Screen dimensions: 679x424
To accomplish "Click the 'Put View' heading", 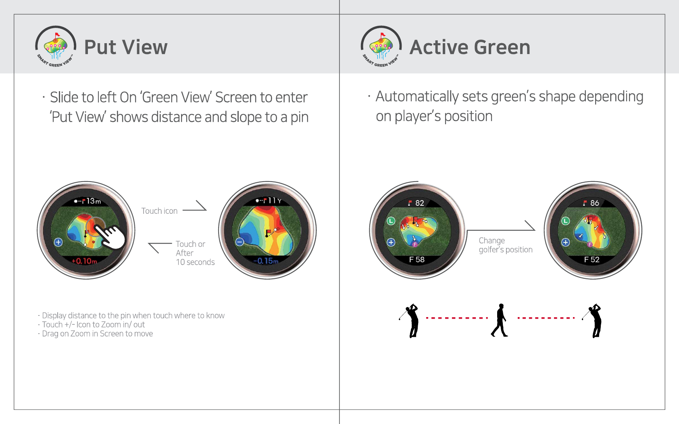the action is (125, 47).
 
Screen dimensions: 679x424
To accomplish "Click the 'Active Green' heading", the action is (470, 47).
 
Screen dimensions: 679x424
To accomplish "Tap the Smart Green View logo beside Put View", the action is (56, 46).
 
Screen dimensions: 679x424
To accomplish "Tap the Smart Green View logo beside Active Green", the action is (381, 46).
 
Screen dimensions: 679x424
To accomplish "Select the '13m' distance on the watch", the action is (94, 201).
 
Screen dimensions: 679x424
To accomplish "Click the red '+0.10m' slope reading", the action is (84, 261).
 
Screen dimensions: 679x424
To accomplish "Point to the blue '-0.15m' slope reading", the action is (266, 261).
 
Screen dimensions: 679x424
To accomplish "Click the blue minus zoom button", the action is (240, 242).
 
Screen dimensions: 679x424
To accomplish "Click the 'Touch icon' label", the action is (159, 211).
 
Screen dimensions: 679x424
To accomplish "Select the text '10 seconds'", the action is (195, 262).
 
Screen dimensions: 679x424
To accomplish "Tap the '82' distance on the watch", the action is (419, 203).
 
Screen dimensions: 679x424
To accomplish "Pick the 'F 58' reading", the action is (417, 260).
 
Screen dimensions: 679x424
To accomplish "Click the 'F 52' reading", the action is (592, 260).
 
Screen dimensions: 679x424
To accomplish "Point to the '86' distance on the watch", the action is (594, 203).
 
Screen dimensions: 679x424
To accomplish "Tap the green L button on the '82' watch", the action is (391, 221).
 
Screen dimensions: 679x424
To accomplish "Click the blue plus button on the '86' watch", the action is (565, 242).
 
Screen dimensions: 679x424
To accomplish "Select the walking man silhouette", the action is (500, 320).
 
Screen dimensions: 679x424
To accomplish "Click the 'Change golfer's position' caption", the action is (506, 245).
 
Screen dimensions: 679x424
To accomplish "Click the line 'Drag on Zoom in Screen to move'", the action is (97, 334).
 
